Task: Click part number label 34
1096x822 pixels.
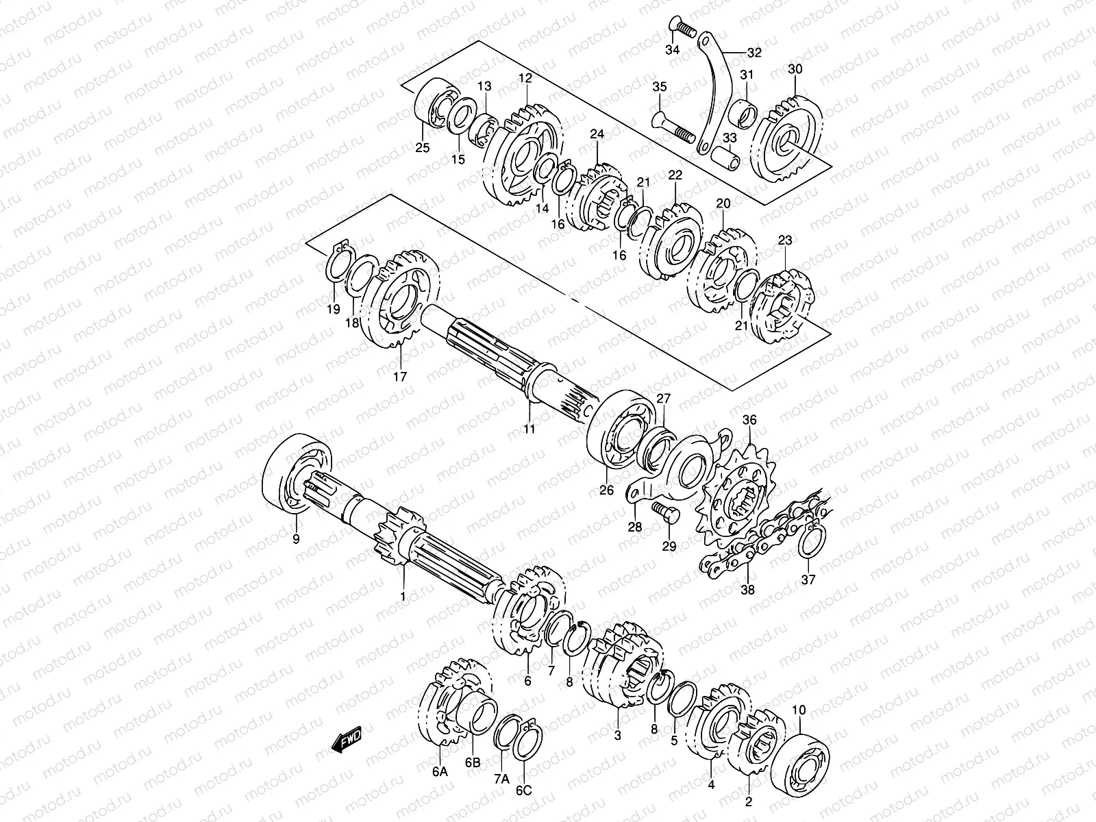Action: tap(672, 51)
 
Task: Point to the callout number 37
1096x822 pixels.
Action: tap(808, 580)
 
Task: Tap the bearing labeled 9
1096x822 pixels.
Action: tap(299, 473)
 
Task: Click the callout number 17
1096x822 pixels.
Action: tap(400, 376)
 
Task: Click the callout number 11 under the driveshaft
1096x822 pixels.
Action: tap(530, 429)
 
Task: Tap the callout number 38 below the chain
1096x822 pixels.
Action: tap(747, 589)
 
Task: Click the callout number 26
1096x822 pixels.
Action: tap(607, 490)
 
